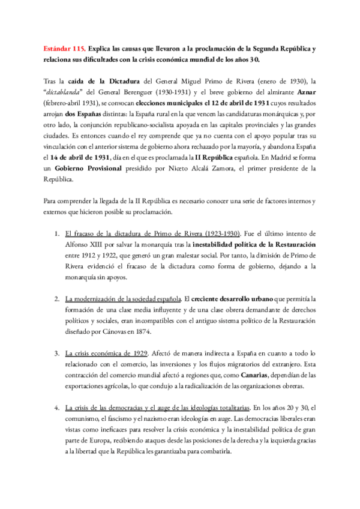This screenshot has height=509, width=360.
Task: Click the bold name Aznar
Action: (x=303, y=92)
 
